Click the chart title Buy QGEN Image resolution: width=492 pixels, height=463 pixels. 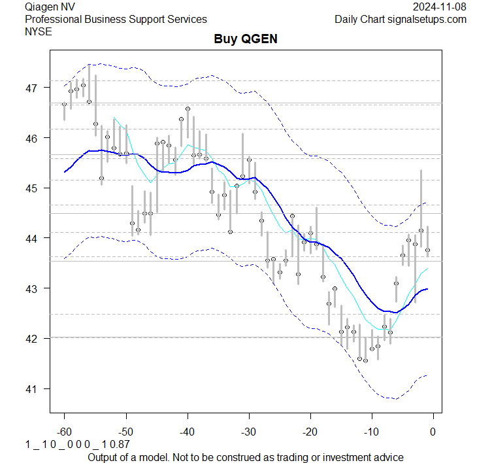point(246,39)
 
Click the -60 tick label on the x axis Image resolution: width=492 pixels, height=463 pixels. point(64,431)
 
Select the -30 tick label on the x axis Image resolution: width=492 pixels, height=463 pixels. point(248,431)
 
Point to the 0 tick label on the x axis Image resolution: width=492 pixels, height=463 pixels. point(433,431)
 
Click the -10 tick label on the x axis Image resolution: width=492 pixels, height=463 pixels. point(371,431)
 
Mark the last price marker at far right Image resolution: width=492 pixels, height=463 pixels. point(427,250)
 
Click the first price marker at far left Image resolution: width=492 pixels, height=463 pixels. point(64,104)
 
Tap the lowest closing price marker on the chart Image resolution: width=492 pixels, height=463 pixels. point(366,360)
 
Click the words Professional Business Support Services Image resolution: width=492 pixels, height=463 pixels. point(116,19)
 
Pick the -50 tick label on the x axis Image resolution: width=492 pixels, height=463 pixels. point(125,431)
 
